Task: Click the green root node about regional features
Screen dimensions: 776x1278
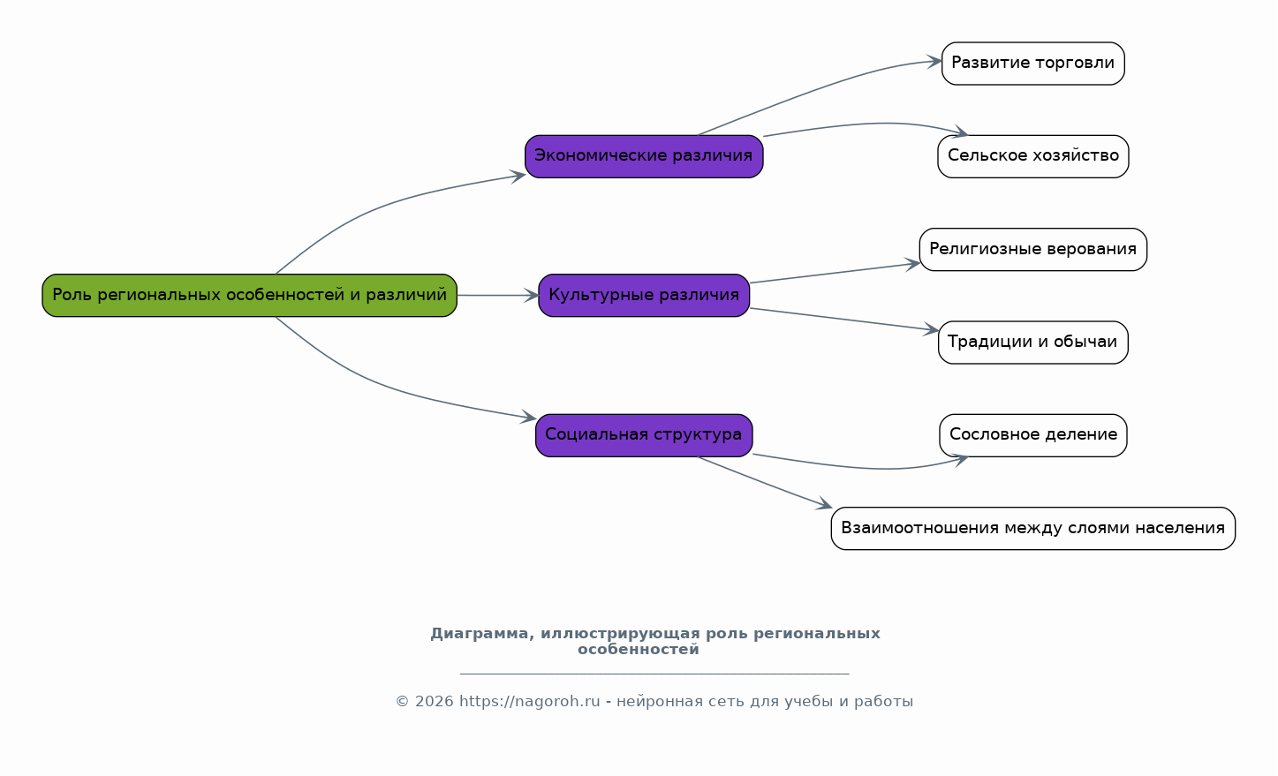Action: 249,295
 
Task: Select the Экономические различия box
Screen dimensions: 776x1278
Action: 644,156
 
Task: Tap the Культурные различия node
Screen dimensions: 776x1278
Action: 644,295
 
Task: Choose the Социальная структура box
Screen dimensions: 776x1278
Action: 644,435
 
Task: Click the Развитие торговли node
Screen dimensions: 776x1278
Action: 1032,64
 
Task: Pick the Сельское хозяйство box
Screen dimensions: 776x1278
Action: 1032,156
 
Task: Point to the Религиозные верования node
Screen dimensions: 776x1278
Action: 1032,249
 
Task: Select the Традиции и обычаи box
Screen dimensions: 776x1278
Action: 1032,343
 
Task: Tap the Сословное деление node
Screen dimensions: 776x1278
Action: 1032,435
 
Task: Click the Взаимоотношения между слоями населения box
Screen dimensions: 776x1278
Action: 1032,528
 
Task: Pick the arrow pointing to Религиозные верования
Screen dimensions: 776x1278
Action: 835,273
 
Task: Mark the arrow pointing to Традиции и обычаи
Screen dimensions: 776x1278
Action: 843,320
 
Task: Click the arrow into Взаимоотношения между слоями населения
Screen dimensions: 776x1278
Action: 765,482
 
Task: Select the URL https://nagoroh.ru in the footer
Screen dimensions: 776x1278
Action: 529,702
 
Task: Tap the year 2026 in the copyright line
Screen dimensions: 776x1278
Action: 434,702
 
